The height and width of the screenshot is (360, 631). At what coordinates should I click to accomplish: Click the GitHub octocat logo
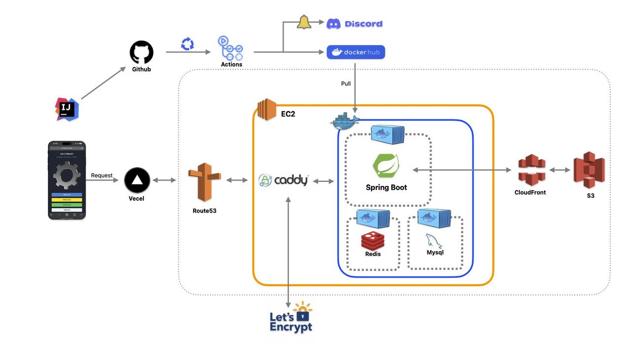pyautogui.click(x=141, y=52)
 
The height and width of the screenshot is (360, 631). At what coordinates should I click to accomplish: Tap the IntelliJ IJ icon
pyautogui.click(x=67, y=109)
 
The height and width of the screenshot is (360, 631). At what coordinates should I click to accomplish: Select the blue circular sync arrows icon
pyautogui.click(x=187, y=44)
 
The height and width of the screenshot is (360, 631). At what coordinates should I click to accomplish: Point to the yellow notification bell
pyautogui.click(x=304, y=22)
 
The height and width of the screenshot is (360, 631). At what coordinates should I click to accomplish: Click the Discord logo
pyautogui.click(x=354, y=24)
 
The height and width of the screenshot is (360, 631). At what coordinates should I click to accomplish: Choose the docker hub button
pyautogui.click(x=355, y=52)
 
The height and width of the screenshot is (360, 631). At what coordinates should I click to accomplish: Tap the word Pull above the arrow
pyautogui.click(x=346, y=84)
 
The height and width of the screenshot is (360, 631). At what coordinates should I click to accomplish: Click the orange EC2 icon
pyautogui.click(x=266, y=109)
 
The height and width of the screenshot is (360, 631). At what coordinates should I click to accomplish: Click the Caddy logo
pyautogui.click(x=284, y=180)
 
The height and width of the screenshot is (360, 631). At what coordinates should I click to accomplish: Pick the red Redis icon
pyautogui.click(x=373, y=240)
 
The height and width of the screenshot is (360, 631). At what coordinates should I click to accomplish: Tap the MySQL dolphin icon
pyautogui.click(x=434, y=240)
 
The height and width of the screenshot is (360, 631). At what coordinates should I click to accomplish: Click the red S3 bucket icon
pyautogui.click(x=589, y=169)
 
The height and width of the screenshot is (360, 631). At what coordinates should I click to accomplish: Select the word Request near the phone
pyautogui.click(x=102, y=176)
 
